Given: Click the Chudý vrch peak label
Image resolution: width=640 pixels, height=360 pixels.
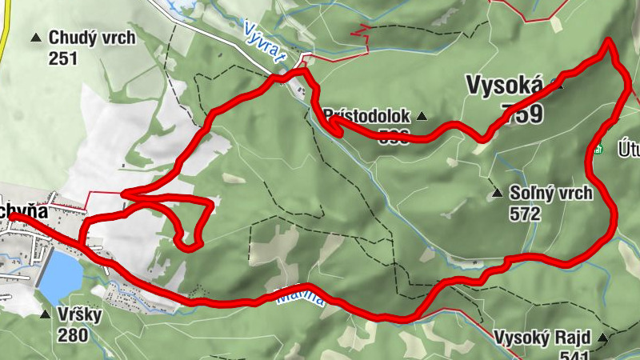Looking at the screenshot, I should click(91, 37).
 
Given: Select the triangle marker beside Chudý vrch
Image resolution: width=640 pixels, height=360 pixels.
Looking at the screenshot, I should click(36, 38).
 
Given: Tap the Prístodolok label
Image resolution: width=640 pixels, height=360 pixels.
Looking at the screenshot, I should click(369, 116).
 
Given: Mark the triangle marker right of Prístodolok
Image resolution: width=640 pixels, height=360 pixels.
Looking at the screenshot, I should click(422, 117).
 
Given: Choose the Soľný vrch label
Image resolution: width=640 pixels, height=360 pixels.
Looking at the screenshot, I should click(549, 193).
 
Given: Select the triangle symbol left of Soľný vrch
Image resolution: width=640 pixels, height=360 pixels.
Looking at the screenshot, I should click(497, 193).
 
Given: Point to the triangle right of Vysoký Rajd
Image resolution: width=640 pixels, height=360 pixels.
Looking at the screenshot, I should click(602, 338).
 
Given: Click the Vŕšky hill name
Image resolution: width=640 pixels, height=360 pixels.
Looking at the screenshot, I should click(80, 314).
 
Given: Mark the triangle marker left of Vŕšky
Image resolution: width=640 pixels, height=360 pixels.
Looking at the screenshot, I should click(45, 315).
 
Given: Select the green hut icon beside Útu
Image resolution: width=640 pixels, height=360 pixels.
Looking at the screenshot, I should click(597, 148).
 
